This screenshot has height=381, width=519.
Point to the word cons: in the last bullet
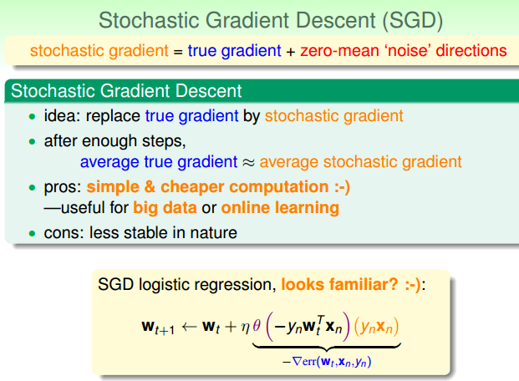pos(64,233)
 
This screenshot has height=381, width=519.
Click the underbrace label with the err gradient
pos(326,362)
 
